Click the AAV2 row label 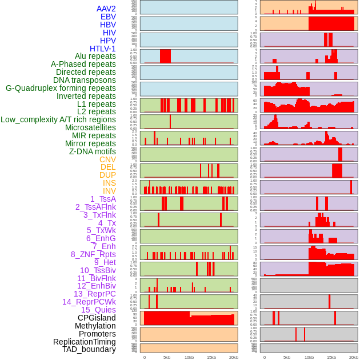tap(106, 9)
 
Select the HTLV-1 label tap(102, 49)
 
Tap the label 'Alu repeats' tap(95, 56)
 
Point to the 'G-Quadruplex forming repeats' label tap(61, 88)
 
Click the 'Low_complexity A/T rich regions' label tap(58, 119)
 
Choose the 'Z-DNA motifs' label tap(92, 151)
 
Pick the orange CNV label tap(107, 159)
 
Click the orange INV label tap(109, 191)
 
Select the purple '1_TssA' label tap(103, 199)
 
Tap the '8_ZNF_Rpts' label tap(93, 254)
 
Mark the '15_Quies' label tap(98, 310)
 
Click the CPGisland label tap(97, 318)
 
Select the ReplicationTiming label tap(84, 342)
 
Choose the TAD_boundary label tap(89, 349)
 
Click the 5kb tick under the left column tap(167, 357)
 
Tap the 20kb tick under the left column tap(233, 357)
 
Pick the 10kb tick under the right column tap(309, 357)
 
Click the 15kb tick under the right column tap(331, 357)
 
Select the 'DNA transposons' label tap(85, 80)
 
